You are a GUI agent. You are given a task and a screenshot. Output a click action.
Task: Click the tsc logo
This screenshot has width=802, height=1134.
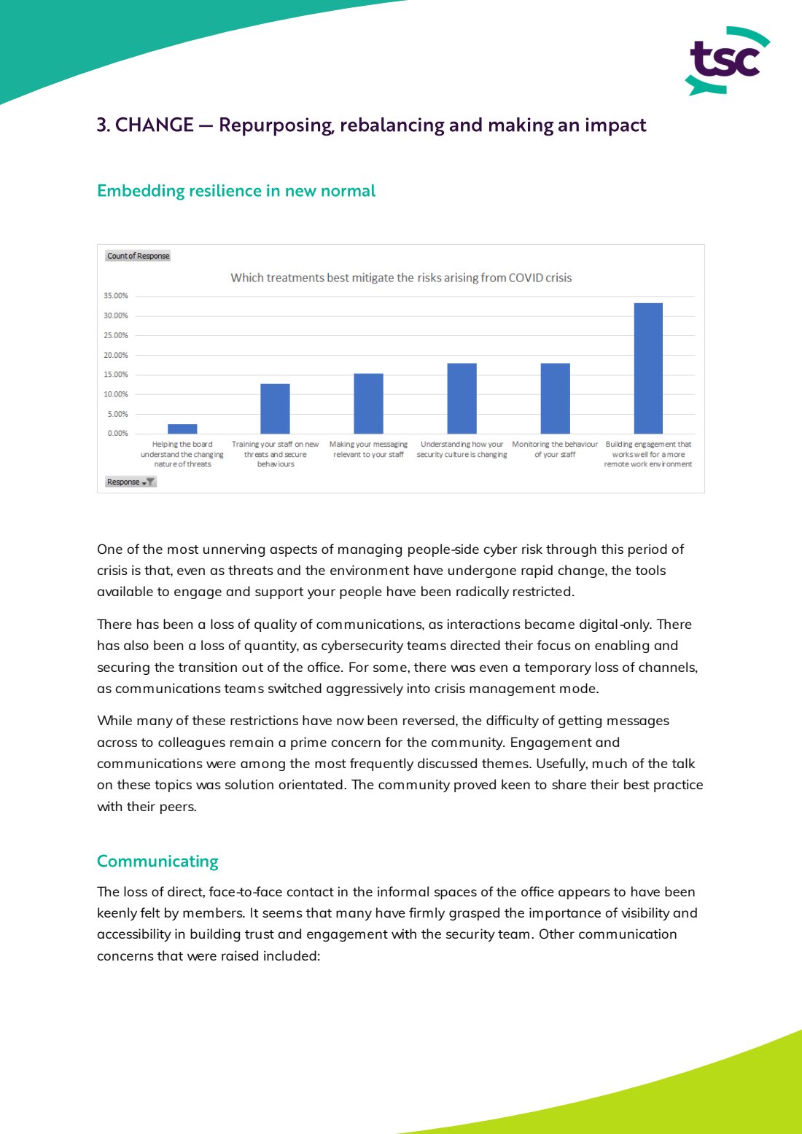pos(728,61)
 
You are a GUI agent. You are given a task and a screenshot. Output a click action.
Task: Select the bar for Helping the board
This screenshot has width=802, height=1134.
pos(182,429)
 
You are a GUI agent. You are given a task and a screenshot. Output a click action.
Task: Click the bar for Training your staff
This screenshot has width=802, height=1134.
pos(275,409)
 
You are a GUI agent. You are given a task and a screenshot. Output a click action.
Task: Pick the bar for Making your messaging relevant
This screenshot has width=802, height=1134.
pos(368,404)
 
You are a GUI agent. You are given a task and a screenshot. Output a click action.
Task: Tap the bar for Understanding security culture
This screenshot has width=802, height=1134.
pos(462,399)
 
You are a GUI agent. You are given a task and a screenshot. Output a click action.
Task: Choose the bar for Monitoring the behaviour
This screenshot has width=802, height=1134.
pos(555,399)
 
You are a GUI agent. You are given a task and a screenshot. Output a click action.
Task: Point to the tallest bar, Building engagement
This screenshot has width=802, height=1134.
pos(648,368)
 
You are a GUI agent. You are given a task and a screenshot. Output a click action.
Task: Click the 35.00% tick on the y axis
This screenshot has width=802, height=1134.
pos(116,296)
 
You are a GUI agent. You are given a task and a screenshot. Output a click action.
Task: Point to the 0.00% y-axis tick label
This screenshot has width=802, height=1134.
pos(118,434)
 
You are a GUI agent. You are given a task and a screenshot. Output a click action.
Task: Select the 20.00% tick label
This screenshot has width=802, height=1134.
pos(116,355)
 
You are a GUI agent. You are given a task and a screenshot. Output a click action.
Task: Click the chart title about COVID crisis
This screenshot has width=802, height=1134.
pos(401,278)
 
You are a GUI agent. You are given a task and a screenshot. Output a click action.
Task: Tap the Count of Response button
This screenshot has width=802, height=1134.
pos(138,256)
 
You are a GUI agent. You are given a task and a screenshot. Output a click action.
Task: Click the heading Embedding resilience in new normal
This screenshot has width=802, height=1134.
pos(236,191)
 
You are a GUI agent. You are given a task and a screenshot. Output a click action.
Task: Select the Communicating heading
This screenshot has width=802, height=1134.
pos(157,861)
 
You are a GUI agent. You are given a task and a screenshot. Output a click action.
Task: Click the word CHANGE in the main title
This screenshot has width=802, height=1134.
pos(155,125)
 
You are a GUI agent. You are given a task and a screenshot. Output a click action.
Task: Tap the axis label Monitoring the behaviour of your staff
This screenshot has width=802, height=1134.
pos(555,449)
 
